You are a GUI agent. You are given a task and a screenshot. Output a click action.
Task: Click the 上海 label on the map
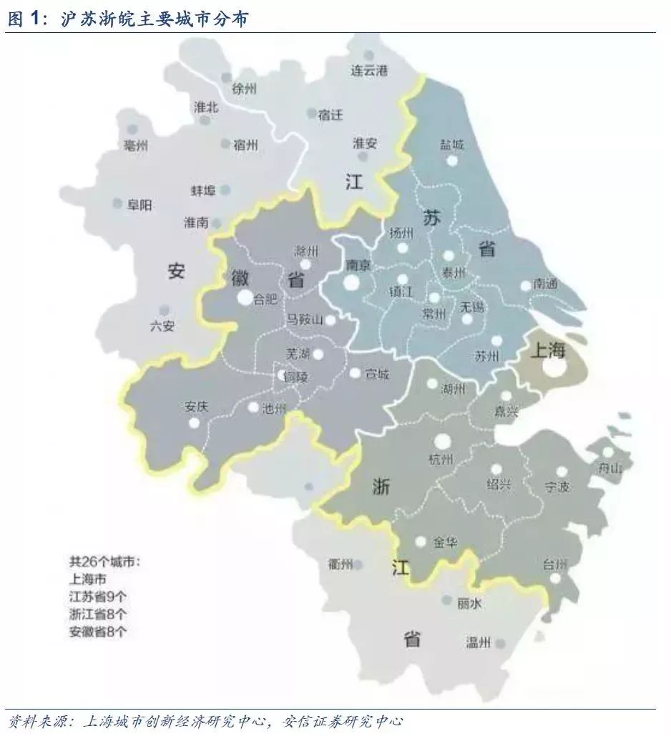(x=547, y=350)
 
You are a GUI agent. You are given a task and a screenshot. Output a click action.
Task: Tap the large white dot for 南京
(x=351, y=282)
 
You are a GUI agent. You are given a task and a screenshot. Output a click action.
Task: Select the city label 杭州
(x=441, y=459)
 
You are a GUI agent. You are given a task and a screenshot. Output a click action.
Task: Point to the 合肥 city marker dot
(x=245, y=298)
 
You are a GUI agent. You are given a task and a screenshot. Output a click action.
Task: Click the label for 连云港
(x=368, y=70)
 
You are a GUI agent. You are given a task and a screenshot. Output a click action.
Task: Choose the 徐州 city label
(x=243, y=89)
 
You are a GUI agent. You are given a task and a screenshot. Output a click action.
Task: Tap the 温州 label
(x=479, y=642)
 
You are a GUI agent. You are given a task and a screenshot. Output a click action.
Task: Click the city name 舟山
(x=610, y=468)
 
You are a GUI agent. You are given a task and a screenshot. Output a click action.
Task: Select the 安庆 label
(x=196, y=407)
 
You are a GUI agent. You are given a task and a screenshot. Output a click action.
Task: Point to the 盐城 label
(x=452, y=145)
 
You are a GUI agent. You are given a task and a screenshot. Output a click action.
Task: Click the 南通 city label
(x=544, y=284)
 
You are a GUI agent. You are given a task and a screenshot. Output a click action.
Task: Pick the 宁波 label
(x=557, y=487)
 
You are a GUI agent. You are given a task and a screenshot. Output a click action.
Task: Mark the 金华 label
(x=444, y=542)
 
